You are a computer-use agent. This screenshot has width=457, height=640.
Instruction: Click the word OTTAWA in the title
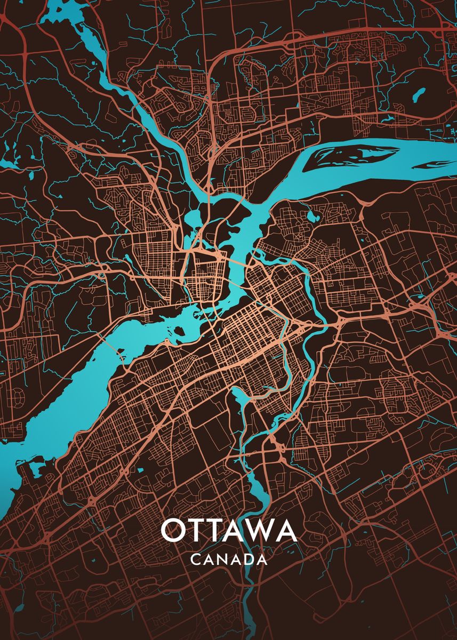(228, 530)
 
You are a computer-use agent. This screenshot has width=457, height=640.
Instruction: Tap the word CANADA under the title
(228, 559)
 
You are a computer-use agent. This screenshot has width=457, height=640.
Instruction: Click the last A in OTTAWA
(285, 530)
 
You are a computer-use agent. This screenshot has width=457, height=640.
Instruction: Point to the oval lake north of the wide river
(418, 94)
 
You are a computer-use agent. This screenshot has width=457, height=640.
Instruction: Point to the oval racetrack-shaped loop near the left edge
(18, 397)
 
